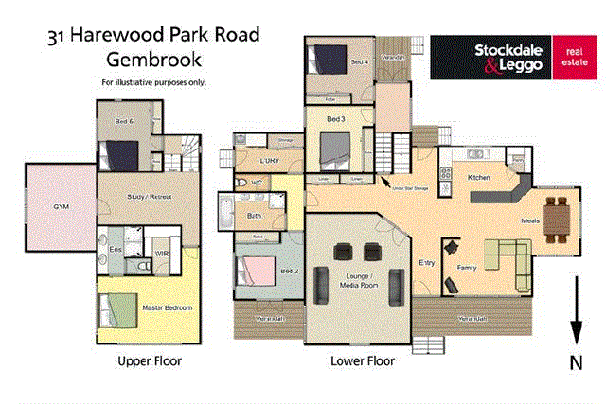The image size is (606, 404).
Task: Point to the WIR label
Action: coord(162,254)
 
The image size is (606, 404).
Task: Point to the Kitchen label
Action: coord(478,178)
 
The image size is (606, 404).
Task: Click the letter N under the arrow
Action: coord(575,362)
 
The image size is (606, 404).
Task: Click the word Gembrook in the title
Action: coord(153,59)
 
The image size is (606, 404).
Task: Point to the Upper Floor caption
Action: coord(149,361)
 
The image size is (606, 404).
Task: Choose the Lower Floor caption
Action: coord(362,361)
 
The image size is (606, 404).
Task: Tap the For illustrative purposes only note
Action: coord(153,82)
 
